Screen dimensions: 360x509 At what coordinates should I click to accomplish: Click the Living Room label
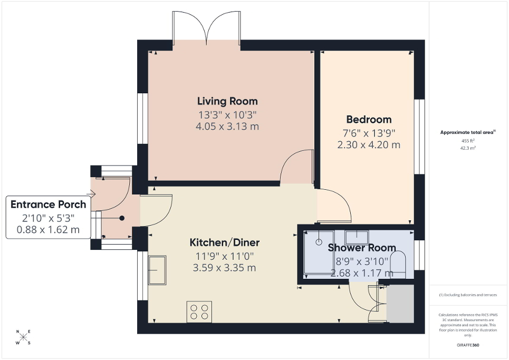(227, 101)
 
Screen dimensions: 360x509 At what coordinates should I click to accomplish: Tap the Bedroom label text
(369, 119)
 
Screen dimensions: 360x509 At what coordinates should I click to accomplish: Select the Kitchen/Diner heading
(225, 242)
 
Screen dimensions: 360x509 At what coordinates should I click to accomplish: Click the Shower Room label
(362, 248)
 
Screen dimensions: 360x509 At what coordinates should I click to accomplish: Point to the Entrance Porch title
(48, 205)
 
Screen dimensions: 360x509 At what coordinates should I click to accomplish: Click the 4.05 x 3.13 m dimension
(227, 127)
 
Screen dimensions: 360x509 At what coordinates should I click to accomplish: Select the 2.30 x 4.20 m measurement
(369, 144)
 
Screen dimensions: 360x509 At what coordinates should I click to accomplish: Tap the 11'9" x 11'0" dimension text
(225, 256)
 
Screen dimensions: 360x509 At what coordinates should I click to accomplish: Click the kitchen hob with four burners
(199, 312)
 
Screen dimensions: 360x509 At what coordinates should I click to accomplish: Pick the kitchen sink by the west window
(158, 270)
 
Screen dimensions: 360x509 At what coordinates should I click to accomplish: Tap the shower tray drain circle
(319, 242)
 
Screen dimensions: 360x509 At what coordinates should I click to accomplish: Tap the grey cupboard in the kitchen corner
(400, 304)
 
